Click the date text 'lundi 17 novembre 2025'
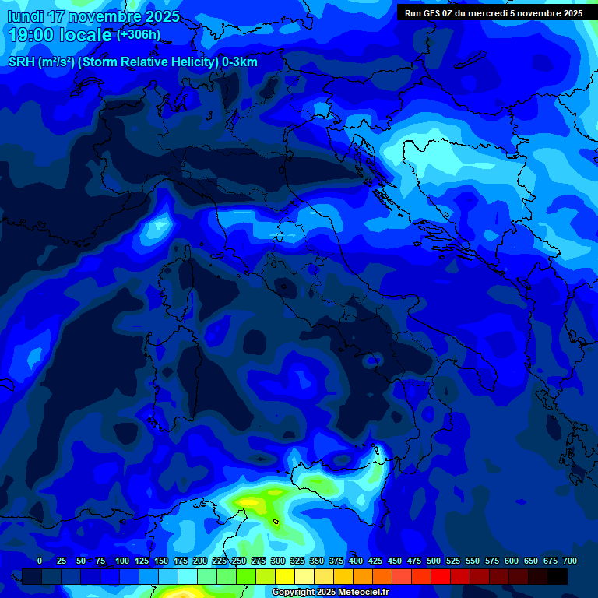[x=93, y=16]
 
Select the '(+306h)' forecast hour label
[x=139, y=35]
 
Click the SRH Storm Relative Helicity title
[x=133, y=62]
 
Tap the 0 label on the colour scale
[x=40, y=561]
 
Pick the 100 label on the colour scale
[x=122, y=561]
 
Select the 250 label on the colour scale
[x=239, y=561]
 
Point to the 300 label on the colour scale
[x=278, y=561]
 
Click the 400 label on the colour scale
[x=356, y=561]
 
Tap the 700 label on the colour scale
[x=570, y=561]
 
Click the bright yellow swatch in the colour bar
[x=285, y=576]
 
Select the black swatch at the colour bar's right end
[x=558, y=576]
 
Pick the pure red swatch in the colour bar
[x=441, y=576]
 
